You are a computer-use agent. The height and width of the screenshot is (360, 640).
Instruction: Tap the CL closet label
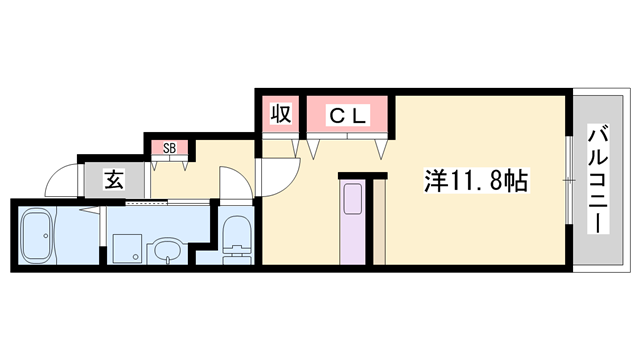350,115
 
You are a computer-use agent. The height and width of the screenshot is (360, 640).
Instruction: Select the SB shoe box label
170,148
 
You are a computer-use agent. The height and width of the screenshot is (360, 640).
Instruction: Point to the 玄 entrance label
114,181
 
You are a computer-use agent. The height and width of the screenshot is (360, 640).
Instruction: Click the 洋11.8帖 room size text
476,181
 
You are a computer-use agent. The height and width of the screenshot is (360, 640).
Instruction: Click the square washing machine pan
126,248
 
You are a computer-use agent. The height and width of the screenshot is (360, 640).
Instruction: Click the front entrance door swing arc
62,180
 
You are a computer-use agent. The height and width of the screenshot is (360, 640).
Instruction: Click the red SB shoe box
170,148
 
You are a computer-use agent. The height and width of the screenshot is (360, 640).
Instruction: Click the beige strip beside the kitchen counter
379,222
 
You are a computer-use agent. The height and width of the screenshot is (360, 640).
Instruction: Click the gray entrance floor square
114,181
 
